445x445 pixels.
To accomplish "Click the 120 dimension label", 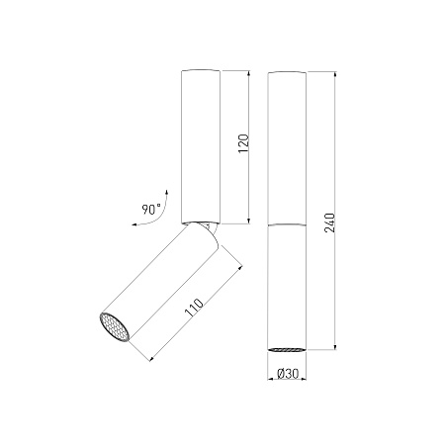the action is tap(243, 143).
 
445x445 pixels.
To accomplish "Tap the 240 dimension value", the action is tap(330, 223).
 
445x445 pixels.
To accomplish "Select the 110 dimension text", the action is tap(194, 308).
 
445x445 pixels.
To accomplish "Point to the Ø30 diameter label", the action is tap(288, 374).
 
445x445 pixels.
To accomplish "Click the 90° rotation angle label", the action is tap(151, 210).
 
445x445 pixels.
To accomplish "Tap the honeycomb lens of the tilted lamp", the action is tap(115, 327).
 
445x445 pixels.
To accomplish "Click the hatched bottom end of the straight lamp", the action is tap(287, 349).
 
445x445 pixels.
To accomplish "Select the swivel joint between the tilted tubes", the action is tap(207, 227).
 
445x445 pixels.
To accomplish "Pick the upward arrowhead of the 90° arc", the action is tap(167, 193).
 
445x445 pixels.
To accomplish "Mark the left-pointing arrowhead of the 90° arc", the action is tap(134, 224).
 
